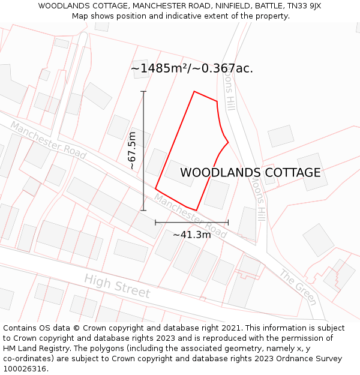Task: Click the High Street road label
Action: point(117,286)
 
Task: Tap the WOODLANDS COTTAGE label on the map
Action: point(250,173)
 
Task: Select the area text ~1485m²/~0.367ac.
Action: point(191,68)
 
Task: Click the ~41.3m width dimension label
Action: point(191,235)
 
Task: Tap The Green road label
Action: point(298,287)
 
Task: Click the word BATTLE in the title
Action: point(265,6)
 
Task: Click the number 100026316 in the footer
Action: point(23,369)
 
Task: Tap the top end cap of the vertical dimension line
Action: point(143,91)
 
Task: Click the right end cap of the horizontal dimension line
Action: point(228,222)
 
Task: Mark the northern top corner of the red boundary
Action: point(194,92)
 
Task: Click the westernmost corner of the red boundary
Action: point(155,188)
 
